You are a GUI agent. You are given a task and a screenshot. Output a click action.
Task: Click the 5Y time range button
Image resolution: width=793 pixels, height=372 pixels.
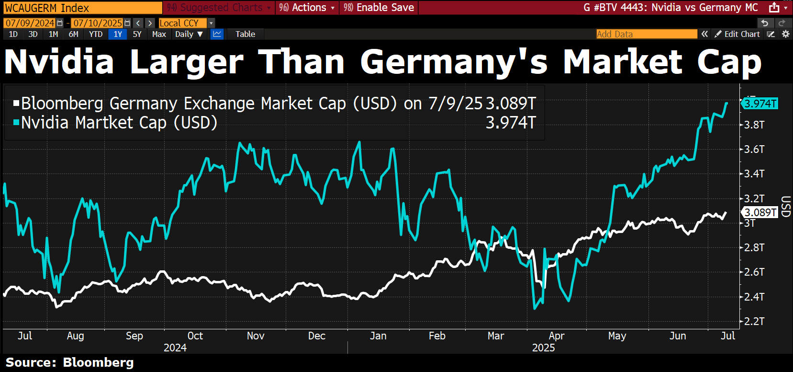pos(137,34)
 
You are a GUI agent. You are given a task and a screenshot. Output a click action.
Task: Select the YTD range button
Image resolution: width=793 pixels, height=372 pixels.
pos(96,34)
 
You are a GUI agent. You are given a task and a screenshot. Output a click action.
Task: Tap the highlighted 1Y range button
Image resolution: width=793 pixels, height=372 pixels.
pos(118,34)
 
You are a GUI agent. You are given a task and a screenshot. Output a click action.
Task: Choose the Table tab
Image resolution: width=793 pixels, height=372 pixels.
pos(245,34)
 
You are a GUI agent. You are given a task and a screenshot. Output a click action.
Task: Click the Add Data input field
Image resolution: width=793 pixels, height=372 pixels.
pos(646,34)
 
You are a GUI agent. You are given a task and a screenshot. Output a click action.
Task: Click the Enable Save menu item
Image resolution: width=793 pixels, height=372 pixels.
pos(379,8)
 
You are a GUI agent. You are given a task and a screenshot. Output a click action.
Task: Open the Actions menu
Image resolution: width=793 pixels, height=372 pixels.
pos(307,8)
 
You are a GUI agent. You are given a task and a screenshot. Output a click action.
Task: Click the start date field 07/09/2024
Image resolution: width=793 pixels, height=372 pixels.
pos(30,23)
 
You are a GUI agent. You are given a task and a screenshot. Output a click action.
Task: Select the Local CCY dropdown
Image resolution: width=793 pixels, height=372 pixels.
pos(186,23)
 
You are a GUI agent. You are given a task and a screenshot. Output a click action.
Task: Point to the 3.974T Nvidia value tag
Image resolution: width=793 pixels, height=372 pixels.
pos(760,104)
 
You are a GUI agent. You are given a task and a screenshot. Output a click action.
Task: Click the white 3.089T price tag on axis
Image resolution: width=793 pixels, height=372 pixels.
pos(760,212)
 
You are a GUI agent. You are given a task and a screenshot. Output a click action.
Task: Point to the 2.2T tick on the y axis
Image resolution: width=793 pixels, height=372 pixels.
pos(754,321)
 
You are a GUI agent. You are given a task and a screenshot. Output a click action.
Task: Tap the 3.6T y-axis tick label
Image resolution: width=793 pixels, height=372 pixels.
pos(754,149)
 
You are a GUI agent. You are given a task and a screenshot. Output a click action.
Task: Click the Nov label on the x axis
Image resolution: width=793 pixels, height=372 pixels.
pos(256,336)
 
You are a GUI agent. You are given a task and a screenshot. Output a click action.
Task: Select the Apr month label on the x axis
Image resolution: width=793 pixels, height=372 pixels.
pos(557,336)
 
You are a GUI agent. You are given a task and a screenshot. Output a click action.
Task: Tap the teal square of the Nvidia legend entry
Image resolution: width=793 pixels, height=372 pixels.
pos(17,123)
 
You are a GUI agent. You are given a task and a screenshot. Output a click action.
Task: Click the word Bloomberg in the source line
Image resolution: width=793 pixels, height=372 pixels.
pos(98,362)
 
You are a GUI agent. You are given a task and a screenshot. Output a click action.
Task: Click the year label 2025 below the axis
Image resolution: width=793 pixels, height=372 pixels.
pos(543,348)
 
